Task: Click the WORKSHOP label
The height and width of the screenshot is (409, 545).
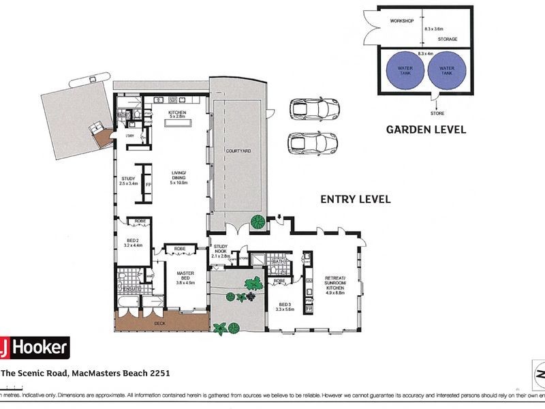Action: tap(401, 21)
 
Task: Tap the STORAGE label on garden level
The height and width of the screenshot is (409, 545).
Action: tap(447, 40)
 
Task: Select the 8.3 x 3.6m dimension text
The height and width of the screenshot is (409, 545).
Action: tap(433, 29)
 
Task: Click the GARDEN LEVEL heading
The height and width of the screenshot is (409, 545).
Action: tap(426, 130)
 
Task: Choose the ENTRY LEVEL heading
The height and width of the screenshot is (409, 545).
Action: tap(356, 199)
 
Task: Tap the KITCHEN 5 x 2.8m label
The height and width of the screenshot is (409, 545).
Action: tap(178, 115)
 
